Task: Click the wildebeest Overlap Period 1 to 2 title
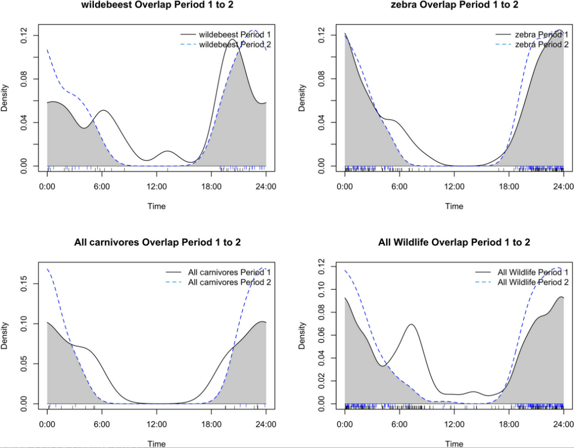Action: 157,5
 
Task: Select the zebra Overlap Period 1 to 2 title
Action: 454,5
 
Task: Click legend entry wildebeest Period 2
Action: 235,44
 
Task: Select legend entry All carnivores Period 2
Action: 229,282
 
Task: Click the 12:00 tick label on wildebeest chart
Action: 157,186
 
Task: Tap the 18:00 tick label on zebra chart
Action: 508,186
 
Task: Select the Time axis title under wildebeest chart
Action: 157,206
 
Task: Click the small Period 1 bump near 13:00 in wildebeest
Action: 168,151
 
